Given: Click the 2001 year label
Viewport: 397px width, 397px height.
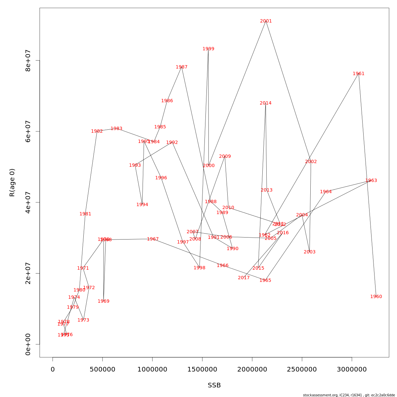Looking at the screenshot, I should click(266, 21).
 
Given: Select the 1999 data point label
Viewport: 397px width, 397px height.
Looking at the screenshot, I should click(208, 49).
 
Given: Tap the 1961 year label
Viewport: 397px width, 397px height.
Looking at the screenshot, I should click(358, 74).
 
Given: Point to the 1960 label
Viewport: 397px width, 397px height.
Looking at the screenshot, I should click(376, 297).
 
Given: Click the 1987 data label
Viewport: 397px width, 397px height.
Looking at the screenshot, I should click(182, 67).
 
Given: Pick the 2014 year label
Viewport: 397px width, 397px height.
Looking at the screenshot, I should click(265, 103).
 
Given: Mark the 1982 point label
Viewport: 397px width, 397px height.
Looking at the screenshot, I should click(97, 131).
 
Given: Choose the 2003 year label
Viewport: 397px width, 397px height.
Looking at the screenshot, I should click(309, 252).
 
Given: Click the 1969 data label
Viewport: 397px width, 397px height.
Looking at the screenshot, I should click(103, 301).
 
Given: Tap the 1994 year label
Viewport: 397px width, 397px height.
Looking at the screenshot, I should click(142, 205).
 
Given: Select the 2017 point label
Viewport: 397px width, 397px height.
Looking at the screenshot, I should click(243, 278).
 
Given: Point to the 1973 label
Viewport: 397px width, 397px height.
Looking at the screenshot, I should click(83, 320).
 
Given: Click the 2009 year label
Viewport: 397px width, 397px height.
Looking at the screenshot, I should click(225, 156).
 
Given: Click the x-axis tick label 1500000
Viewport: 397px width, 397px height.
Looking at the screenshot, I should click(202, 369).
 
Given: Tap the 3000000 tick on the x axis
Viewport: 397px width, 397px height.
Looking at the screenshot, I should click(352, 369).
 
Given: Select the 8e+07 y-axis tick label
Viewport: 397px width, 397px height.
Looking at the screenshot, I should click(28, 61).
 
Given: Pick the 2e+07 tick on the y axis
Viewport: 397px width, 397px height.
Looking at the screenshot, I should click(28, 273).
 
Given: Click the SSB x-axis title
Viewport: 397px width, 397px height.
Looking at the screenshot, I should click(214, 385).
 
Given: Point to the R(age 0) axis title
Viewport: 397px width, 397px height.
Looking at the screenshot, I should click(12, 183).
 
